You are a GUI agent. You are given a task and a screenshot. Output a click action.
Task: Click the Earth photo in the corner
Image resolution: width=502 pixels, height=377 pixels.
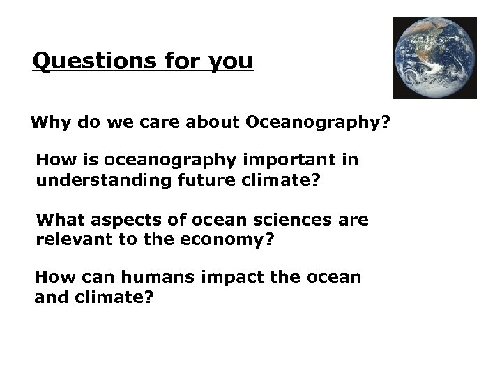[435, 57]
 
